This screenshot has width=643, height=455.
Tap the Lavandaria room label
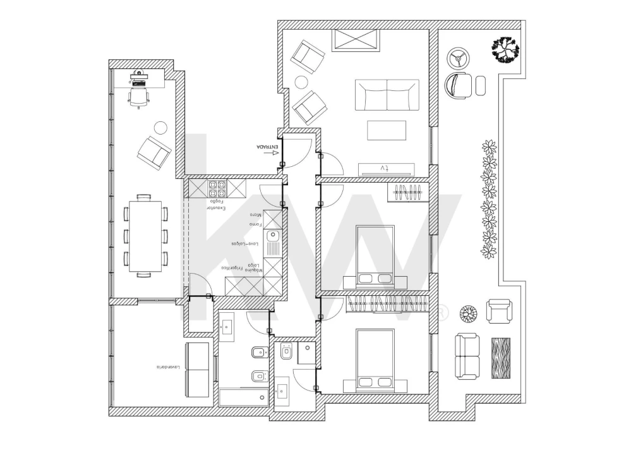point(169,367)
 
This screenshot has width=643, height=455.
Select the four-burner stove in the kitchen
point(217,188)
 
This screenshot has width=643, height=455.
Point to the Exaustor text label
point(215,208)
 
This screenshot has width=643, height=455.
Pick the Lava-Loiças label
point(243,243)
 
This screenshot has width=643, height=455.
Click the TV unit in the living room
point(387,169)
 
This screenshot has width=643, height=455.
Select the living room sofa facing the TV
point(387,95)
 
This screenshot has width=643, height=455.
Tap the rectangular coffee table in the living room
point(387,130)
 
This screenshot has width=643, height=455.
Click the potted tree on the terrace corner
point(505,49)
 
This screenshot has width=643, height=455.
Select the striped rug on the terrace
point(500,358)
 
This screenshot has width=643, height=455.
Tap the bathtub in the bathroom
point(243,397)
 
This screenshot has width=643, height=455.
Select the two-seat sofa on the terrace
point(467,356)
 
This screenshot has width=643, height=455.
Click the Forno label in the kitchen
point(255,224)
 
